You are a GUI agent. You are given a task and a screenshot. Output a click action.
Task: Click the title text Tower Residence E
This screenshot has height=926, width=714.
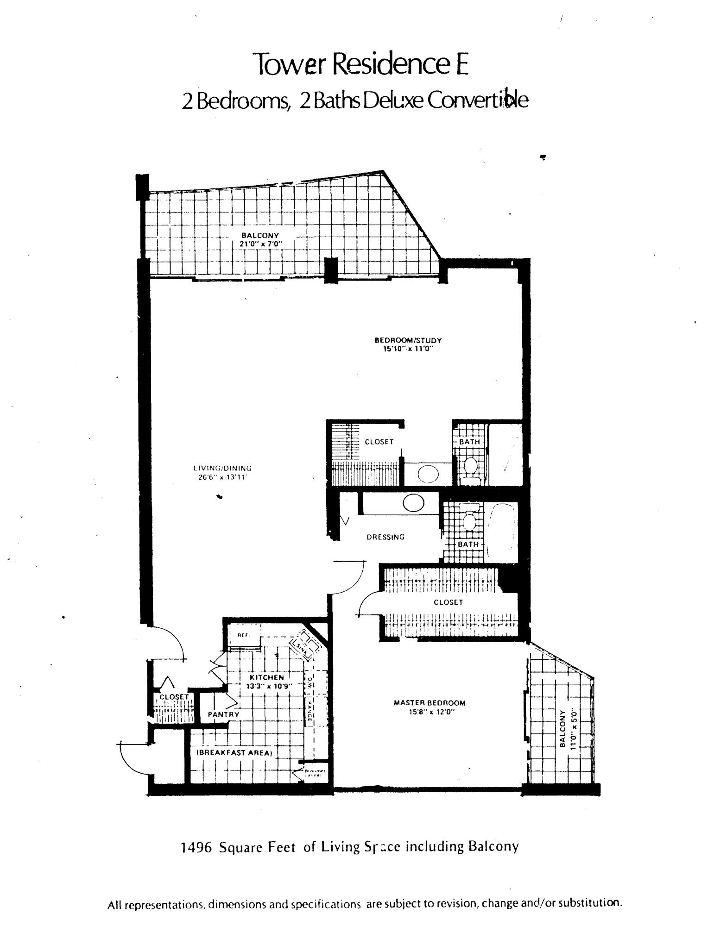(x=362, y=63)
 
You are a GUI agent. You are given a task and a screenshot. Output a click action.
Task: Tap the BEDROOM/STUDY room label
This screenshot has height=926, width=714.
(x=408, y=340)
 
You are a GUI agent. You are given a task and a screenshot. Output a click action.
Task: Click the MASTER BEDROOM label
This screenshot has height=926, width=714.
(x=430, y=702)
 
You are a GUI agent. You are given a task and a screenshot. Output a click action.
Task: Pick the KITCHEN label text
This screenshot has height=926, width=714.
(x=266, y=677)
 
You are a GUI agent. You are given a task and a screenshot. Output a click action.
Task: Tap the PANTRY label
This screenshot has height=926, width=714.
(x=223, y=714)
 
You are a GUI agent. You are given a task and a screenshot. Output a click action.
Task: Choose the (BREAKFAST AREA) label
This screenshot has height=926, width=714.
(x=235, y=753)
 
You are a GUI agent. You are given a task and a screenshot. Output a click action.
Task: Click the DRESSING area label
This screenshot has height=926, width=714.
(x=385, y=537)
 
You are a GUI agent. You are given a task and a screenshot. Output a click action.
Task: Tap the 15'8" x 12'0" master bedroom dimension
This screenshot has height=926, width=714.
(x=430, y=712)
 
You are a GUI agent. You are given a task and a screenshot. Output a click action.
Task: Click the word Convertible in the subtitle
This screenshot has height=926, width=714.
(x=477, y=100)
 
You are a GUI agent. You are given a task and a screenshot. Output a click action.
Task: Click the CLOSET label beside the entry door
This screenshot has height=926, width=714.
(x=174, y=697)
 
